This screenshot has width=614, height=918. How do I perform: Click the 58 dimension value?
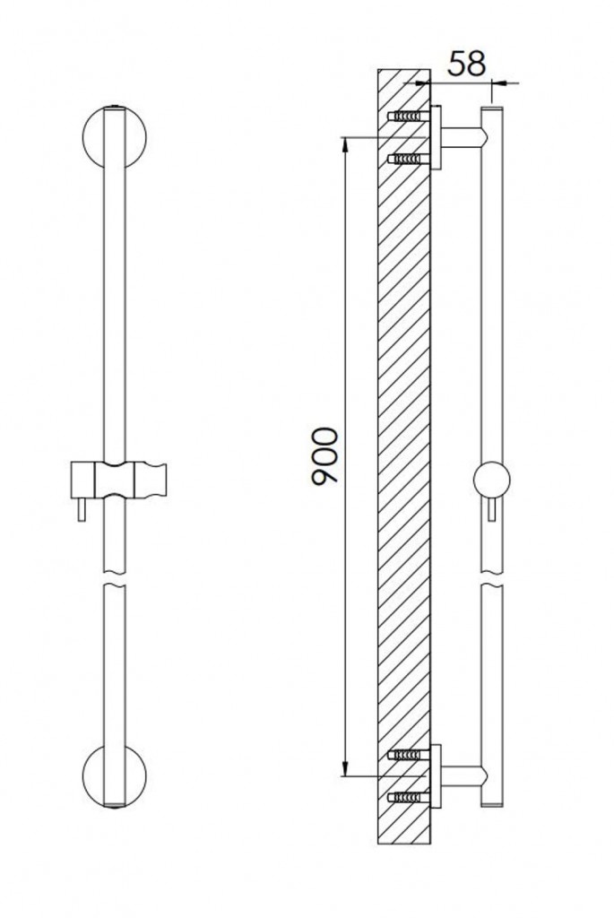point(466,64)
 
